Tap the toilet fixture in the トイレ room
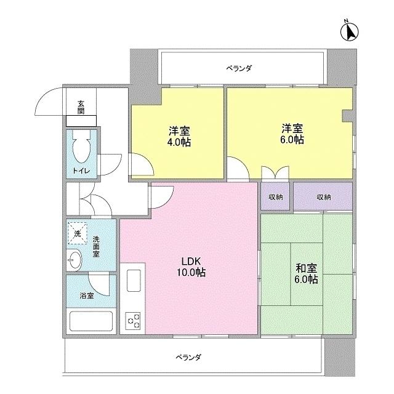pyautogui.click(x=80, y=148)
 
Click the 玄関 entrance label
pyautogui.click(x=81, y=107)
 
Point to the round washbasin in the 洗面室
pyautogui.click(x=74, y=261)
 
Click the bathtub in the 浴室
pyautogui.click(x=90, y=322)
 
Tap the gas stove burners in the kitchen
pyautogui.click(x=133, y=320)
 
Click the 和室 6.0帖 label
pyautogui.click(x=306, y=273)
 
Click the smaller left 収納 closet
pyautogui.click(x=275, y=197)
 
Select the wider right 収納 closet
pyautogui.click(x=323, y=197)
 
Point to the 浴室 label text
pyautogui.click(x=86, y=295)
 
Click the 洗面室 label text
pyautogui.click(x=97, y=246)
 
